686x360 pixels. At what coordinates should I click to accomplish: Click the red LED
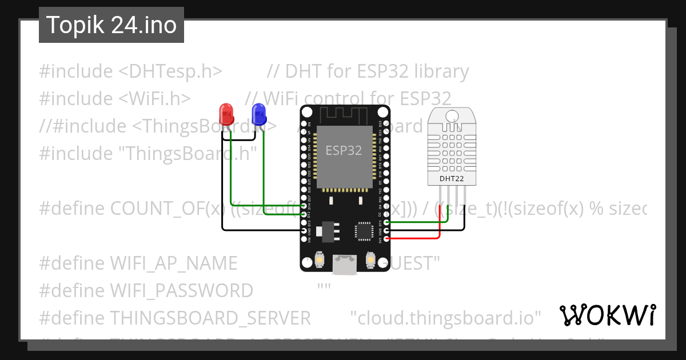[226, 114]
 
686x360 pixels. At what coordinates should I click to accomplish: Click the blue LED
[259, 114]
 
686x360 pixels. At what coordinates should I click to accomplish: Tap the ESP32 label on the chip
[344, 151]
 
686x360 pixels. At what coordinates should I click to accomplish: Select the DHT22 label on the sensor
[451, 179]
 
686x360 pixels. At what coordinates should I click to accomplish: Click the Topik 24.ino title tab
[111, 25]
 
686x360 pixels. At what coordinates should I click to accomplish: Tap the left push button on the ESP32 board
[319, 261]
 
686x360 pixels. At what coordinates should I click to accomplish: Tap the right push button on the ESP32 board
[369, 261]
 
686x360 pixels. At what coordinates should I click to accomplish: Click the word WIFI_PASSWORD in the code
[181, 291]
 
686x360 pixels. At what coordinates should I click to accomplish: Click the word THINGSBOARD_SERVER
[210, 318]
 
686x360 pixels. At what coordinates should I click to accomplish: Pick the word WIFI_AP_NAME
[173, 263]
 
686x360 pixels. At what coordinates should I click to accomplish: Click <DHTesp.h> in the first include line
[170, 72]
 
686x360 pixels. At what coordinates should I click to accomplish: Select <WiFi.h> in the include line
[154, 99]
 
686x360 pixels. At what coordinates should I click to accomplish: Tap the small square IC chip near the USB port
[363, 230]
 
